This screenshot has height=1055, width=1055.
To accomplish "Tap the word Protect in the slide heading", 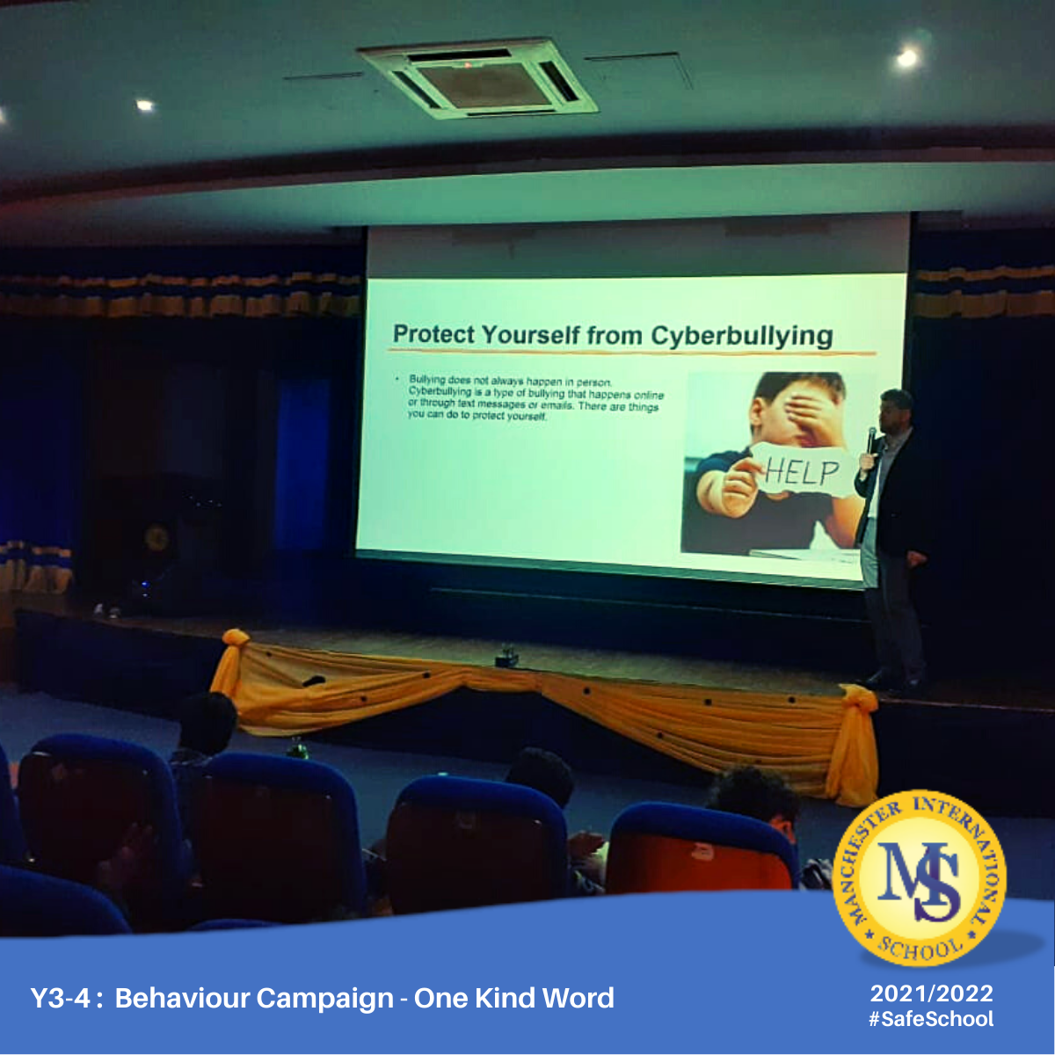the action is pos(434,333).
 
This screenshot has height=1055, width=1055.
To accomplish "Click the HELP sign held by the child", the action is pos(800,470).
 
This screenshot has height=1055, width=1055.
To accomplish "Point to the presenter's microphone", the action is pos(871,440).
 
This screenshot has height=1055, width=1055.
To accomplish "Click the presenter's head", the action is pos(895,409).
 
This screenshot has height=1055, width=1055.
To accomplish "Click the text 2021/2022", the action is pos(931,993).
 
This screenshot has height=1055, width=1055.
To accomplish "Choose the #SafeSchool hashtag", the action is pos(931,1019).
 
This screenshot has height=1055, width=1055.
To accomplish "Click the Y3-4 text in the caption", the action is pos(60,998).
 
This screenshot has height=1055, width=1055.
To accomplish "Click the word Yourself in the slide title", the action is pos(530,334).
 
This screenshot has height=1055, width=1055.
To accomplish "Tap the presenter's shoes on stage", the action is pos(891,681).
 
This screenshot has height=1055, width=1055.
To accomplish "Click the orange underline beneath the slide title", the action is pos(634,352).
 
